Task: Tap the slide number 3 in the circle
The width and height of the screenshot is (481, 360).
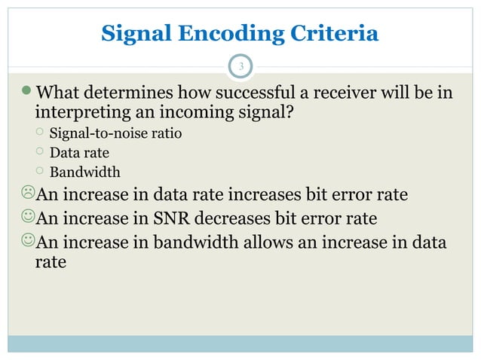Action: pos(240,67)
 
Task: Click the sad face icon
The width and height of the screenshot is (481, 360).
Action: pos(28,195)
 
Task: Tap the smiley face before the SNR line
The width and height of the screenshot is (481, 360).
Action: pos(28,218)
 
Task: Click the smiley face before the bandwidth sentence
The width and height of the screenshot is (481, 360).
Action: pos(28,242)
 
